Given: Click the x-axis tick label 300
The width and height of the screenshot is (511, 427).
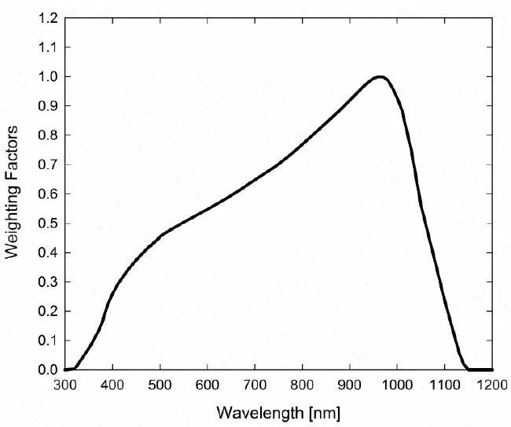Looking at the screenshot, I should tap(65, 385).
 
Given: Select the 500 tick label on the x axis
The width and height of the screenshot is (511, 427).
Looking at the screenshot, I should tap(160, 385).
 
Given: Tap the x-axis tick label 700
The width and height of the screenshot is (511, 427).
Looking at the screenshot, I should tap(255, 385).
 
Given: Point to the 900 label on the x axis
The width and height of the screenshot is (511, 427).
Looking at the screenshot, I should tap(349, 385).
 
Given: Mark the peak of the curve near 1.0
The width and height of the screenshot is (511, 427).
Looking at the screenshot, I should tap(380, 76).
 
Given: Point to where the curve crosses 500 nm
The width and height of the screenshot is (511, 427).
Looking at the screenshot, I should tap(160, 235).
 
